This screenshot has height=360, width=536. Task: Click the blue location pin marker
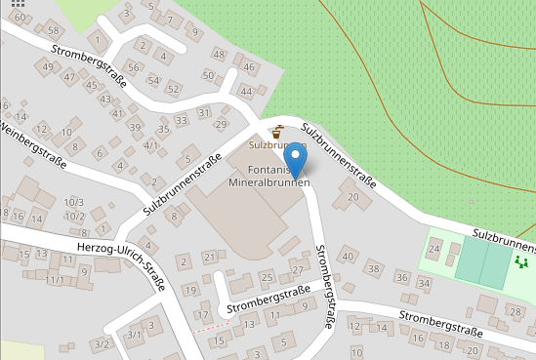294,158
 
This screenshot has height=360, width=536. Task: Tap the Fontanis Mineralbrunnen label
268,176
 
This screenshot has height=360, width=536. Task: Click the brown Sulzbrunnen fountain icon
277,131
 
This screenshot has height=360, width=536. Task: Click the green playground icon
522,260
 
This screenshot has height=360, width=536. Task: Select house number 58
53,31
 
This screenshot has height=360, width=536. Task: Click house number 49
47,66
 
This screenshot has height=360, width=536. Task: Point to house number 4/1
150,145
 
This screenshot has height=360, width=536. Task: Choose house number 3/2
101,344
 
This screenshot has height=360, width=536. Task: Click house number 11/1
54,280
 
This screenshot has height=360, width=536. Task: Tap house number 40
348,256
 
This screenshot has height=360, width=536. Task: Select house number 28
515,311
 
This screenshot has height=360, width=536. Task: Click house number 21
209,257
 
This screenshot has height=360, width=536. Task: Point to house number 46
249,67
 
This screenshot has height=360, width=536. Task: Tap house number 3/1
135,335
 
